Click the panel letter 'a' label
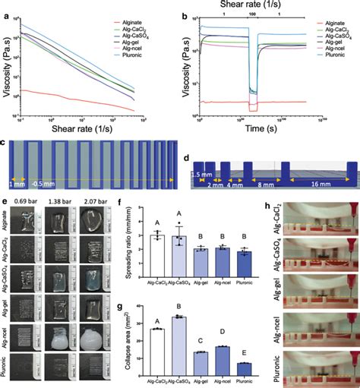pos(5,7)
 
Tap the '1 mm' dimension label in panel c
pos(14,183)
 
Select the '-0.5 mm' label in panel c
pos(45,183)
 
